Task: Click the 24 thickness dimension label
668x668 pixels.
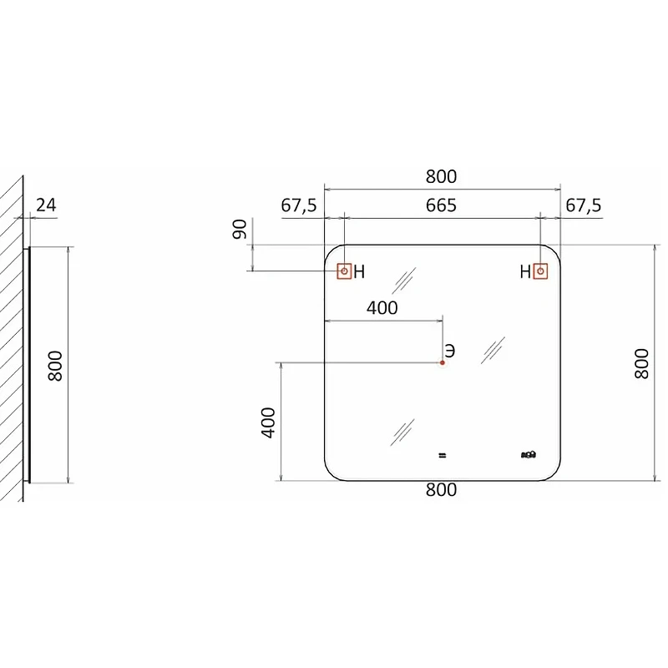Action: pos(46,205)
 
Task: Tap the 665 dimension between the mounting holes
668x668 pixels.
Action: pos(441,205)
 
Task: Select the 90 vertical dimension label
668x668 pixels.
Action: pos(240,229)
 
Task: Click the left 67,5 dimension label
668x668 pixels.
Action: pos(299,205)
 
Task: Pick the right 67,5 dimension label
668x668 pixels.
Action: pos(583,205)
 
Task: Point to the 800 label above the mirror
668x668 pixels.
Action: pos(441,176)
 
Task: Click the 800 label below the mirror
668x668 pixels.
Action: pos(441,490)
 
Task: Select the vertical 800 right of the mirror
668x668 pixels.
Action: pos(641,363)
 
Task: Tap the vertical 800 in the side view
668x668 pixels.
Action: pos(55,366)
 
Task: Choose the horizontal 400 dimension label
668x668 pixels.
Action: pos(382,307)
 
